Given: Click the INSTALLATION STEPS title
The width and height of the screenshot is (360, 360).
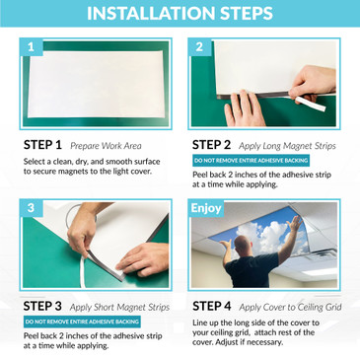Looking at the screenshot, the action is pyautogui.click(x=180, y=13).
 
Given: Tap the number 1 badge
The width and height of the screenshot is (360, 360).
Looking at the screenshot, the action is pyautogui.click(x=31, y=47).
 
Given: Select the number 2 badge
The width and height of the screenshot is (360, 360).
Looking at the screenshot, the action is pyautogui.click(x=199, y=47).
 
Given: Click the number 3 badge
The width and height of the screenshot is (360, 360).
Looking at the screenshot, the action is pyautogui.click(x=31, y=208).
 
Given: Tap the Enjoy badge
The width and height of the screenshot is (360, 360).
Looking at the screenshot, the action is pyautogui.click(x=206, y=208).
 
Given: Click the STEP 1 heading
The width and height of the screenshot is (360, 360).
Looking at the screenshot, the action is pyautogui.click(x=42, y=145).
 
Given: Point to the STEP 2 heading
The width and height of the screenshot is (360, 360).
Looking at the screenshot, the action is pyautogui.click(x=211, y=145).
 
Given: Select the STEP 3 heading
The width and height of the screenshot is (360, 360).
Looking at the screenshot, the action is pyautogui.click(x=42, y=306).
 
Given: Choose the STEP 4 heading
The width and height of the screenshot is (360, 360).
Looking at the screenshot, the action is pyautogui.click(x=212, y=306).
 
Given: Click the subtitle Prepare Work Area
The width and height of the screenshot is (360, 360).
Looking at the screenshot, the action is pyautogui.click(x=106, y=146).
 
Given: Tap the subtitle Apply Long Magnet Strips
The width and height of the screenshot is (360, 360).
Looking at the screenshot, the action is pyautogui.click(x=287, y=146).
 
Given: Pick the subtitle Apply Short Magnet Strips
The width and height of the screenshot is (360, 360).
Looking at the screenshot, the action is pyautogui.click(x=119, y=308).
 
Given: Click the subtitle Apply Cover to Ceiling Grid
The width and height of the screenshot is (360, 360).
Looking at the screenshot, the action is pyautogui.click(x=290, y=308).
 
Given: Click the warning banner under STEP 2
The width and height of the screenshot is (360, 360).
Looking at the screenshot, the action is pyautogui.click(x=251, y=161).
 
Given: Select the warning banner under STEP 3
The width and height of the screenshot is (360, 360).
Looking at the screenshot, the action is pyautogui.click(x=82, y=322).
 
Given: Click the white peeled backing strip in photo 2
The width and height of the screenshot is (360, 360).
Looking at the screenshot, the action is pyautogui.click(x=310, y=104).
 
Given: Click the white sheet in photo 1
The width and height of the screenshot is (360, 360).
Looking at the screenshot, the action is pyautogui.click(x=96, y=84).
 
